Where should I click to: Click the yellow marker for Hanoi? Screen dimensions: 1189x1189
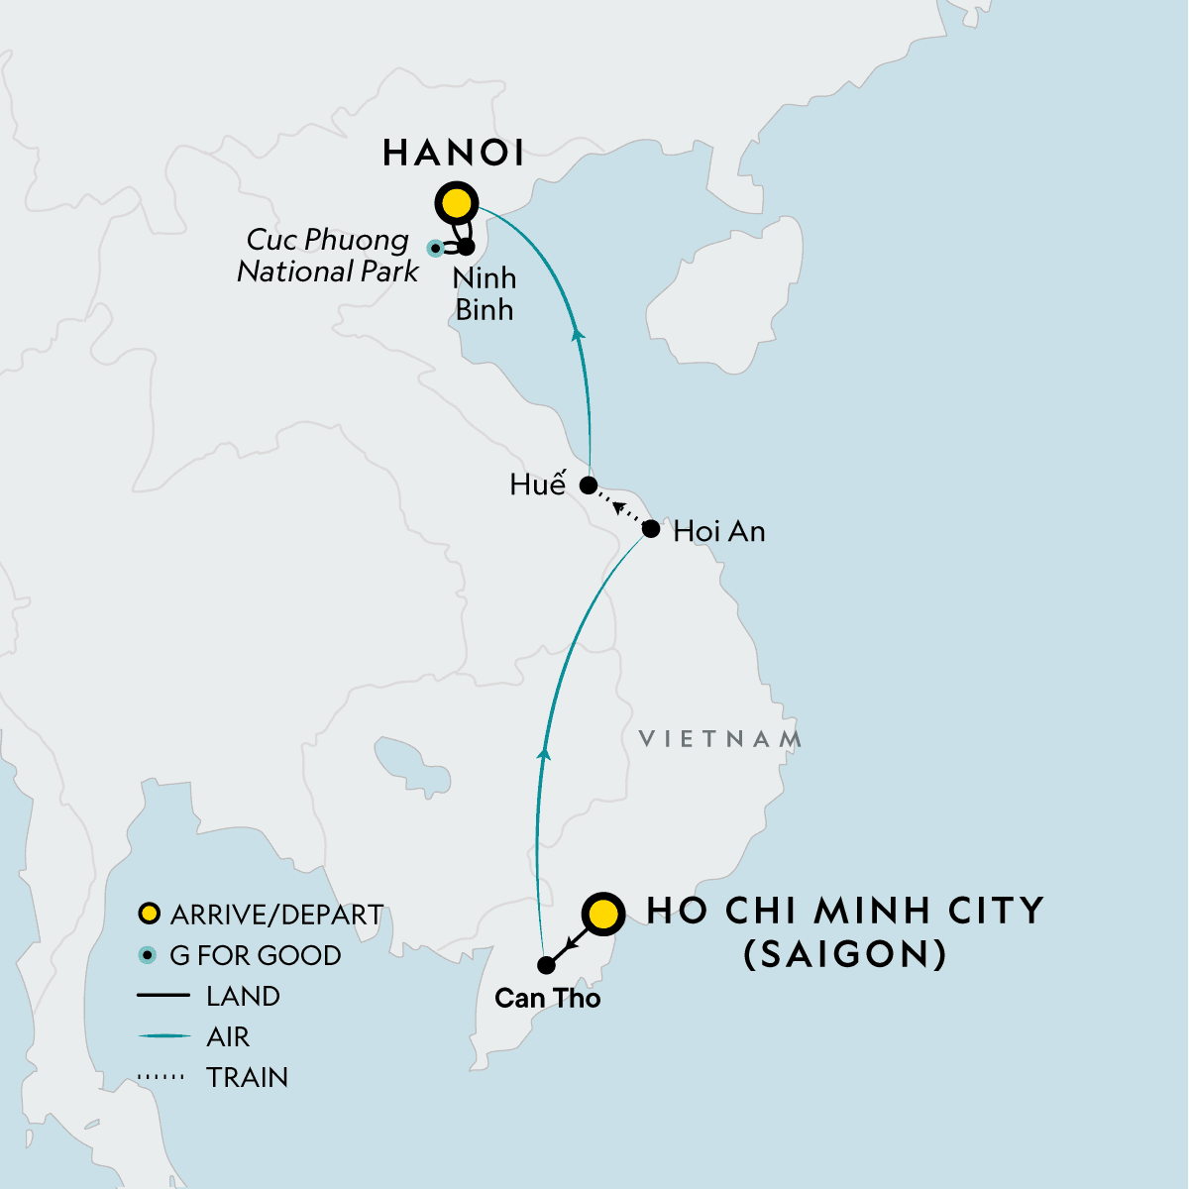click(x=457, y=204)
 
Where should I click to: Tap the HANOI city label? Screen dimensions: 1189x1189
click(x=453, y=153)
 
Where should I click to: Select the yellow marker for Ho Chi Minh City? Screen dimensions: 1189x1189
click(x=603, y=915)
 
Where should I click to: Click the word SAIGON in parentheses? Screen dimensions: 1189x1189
click(x=845, y=954)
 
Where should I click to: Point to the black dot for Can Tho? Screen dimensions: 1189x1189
click(x=546, y=964)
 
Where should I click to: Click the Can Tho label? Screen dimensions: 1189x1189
click(x=548, y=998)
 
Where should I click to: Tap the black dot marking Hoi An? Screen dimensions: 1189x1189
click(x=651, y=529)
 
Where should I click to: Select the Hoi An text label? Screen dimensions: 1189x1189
click(x=719, y=532)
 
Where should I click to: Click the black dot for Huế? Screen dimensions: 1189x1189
click(x=588, y=486)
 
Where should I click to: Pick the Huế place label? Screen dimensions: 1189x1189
click(x=537, y=485)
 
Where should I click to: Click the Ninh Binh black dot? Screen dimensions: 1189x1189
click(x=466, y=246)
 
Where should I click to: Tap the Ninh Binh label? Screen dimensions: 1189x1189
click(x=485, y=293)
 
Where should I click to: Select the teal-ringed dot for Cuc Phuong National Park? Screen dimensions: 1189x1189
click(x=435, y=248)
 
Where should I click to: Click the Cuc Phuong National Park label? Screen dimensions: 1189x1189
click(x=328, y=256)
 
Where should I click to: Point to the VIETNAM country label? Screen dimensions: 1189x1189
click(x=720, y=739)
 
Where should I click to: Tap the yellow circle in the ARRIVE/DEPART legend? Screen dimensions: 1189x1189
click(x=149, y=914)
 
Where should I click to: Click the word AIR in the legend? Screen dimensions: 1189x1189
click(x=228, y=1036)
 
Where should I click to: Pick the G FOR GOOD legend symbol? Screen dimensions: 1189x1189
click(x=149, y=955)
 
